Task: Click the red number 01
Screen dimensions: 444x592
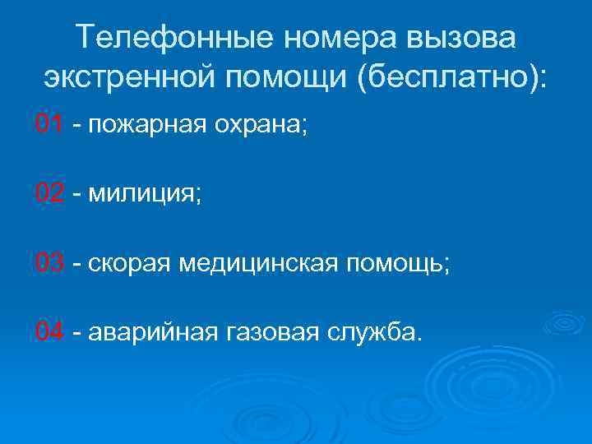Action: (49, 125)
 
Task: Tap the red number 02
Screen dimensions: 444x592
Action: (49, 194)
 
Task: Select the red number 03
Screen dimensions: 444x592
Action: (49, 263)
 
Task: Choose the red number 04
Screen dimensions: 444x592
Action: (49, 332)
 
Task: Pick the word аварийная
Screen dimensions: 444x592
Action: (149, 334)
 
